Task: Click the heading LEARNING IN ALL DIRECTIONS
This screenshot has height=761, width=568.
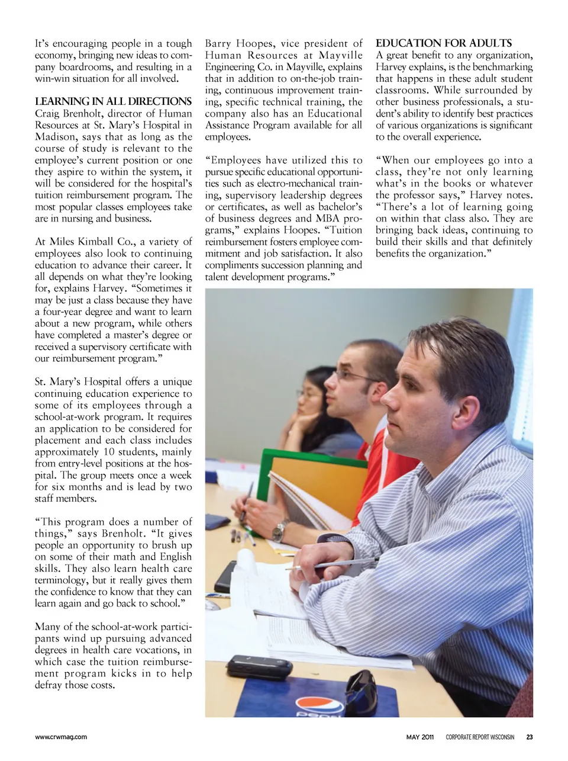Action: click(x=113, y=101)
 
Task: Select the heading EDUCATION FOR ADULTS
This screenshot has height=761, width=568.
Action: click(x=443, y=43)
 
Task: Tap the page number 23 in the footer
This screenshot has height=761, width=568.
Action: click(x=529, y=737)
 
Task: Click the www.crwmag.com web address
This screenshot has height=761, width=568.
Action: click(x=61, y=737)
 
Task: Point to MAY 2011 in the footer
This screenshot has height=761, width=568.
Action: click(x=420, y=737)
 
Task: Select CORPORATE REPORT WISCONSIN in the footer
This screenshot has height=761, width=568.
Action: click(x=480, y=737)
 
